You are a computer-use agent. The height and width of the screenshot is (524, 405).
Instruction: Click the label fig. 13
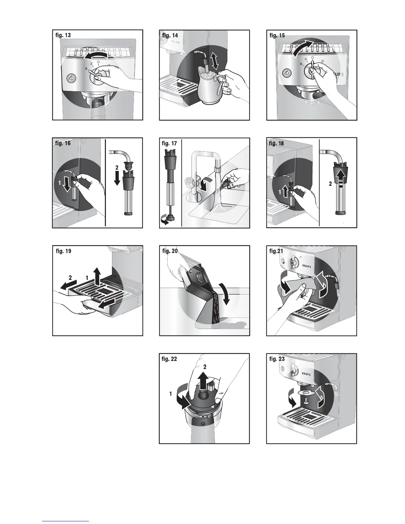click(63, 35)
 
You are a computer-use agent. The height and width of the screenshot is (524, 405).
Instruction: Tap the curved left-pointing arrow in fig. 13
click(96, 56)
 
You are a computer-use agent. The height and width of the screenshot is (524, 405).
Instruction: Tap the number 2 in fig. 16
click(117, 167)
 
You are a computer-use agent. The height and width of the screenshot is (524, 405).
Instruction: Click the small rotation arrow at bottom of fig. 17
click(165, 221)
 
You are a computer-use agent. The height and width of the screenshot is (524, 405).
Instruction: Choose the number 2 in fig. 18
click(330, 184)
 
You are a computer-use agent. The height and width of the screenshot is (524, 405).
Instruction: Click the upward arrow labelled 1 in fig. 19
click(97, 276)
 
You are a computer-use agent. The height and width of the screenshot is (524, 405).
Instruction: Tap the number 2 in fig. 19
click(70, 278)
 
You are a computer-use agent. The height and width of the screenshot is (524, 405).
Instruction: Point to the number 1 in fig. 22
click(170, 394)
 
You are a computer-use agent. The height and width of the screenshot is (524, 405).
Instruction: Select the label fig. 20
click(170, 251)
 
